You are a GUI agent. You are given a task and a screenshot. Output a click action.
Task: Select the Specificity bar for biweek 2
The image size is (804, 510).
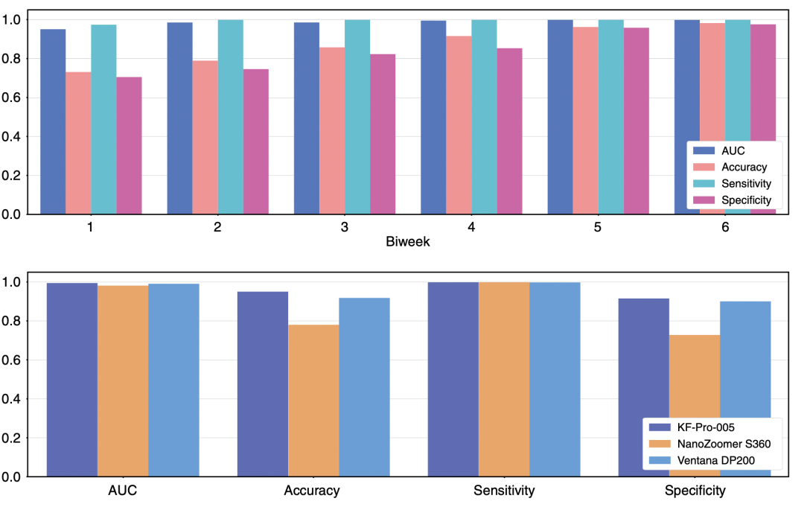(x=256, y=141)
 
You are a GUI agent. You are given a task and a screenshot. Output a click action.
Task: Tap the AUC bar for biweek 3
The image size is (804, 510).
(x=307, y=118)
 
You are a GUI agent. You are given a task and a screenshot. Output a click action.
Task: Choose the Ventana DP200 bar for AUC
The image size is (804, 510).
(x=173, y=380)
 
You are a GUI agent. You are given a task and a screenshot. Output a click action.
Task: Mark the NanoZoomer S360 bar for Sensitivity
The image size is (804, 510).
(x=504, y=379)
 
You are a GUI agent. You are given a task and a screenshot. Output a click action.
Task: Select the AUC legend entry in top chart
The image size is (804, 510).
(x=733, y=151)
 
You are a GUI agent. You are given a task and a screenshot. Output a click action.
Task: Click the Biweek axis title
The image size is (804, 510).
(x=406, y=241)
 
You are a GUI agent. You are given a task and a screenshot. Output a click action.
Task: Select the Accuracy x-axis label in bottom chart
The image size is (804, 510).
(x=313, y=491)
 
